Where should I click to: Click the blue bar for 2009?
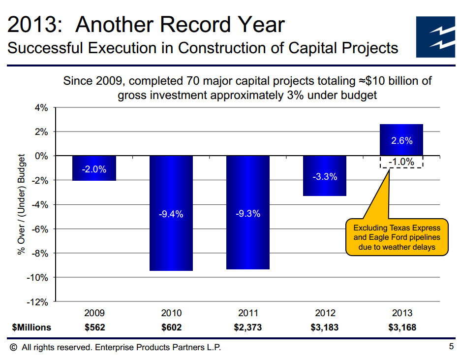pyautogui.click(x=94, y=168)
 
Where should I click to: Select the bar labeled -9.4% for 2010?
pyautogui.click(x=171, y=213)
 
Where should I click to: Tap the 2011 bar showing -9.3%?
pyautogui.click(x=248, y=212)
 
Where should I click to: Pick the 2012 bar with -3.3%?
pyautogui.click(x=325, y=176)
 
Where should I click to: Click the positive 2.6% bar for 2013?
pyautogui.click(x=401, y=140)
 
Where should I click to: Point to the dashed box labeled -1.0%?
pyautogui.click(x=401, y=162)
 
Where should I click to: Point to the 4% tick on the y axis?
pyautogui.click(x=41, y=108)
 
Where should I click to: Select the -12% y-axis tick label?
pyautogui.click(x=38, y=301)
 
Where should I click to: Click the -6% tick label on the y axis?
pyautogui.click(x=39, y=229)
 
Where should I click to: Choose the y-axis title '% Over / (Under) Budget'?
pyautogui.click(x=21, y=205)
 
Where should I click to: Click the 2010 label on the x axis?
pyautogui.click(x=171, y=313)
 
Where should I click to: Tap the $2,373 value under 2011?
pyautogui.click(x=248, y=327)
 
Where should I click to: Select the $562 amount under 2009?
pyautogui.click(x=94, y=327)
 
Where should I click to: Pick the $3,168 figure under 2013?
pyautogui.click(x=402, y=327)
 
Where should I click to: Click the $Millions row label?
pyautogui.click(x=31, y=327)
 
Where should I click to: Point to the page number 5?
pyautogui.click(x=451, y=347)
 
